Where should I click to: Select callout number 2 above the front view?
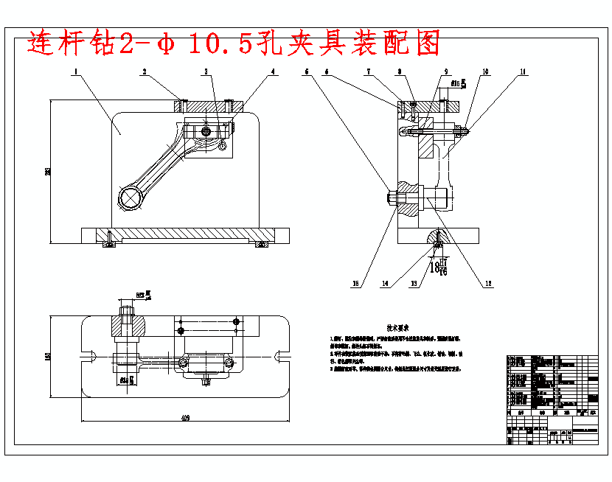click(x=145, y=72)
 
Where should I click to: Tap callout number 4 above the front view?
click(x=274, y=72)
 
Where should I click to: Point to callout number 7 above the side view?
click(x=369, y=72)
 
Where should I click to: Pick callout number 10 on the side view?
click(x=484, y=72)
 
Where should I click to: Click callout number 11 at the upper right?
click(x=523, y=72)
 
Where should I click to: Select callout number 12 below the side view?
click(x=487, y=282)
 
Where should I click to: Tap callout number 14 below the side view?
click(x=385, y=282)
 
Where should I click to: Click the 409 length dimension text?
click(x=184, y=419)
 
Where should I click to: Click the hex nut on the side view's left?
click(x=392, y=198)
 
